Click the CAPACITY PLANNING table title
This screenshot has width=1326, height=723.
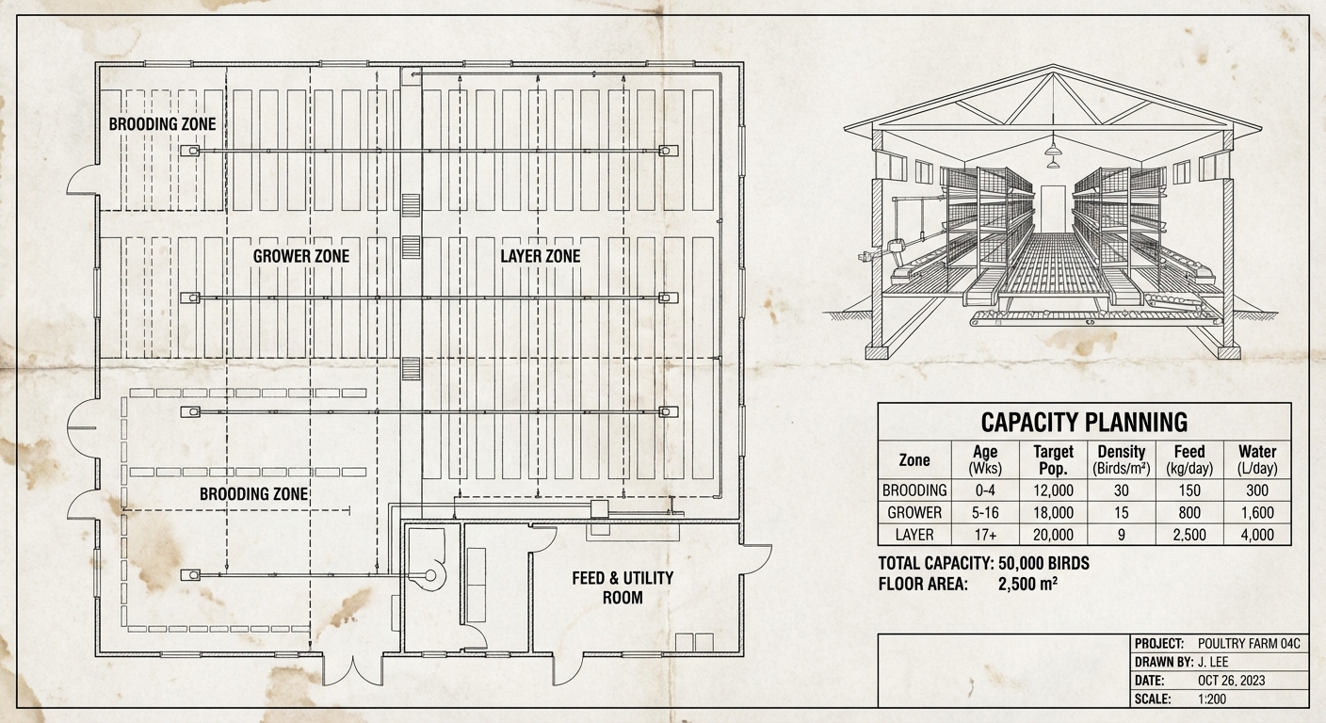pos(1084,423)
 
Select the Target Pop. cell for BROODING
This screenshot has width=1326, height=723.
pos(1053,490)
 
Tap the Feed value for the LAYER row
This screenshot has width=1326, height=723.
pos(1189,535)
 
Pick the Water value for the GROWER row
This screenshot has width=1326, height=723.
pos(1257,512)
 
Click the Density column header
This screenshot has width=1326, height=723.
pos(1122,460)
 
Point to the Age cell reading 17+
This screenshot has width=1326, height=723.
pos(985,535)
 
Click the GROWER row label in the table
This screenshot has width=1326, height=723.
pos(914,512)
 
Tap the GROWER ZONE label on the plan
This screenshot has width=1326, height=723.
pos(300,256)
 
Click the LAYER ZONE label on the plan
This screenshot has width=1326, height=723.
pos(540,256)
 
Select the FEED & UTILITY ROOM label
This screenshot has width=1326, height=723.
pos(623,587)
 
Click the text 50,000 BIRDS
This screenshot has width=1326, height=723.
pos(1043,563)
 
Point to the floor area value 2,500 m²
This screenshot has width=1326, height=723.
pos(1027,585)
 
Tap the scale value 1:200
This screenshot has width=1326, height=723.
pos(1212,699)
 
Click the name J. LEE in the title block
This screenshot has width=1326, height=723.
pos(1213,662)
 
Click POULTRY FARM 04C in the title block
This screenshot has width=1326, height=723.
pos(1249,644)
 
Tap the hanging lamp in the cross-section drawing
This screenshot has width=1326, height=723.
pos(1053,148)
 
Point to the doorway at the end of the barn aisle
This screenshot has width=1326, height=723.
pos(1053,208)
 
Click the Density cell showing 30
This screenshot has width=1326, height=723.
pos(1122,490)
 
